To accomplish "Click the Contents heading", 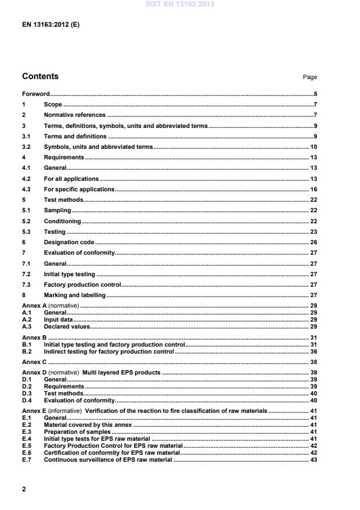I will [40, 76].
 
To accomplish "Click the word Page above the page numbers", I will [310, 77].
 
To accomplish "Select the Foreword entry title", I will [35, 94].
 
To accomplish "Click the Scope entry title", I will [53, 105].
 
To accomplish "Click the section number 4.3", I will [26, 190].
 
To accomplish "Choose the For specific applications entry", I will [79, 190].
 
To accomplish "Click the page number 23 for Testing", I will [313, 232].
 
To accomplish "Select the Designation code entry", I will [69, 242].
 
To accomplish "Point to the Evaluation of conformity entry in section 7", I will [80, 253].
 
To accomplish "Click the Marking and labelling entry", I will [74, 295].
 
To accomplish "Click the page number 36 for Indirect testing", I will [313, 352].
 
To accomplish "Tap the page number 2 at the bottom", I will [24, 489].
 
